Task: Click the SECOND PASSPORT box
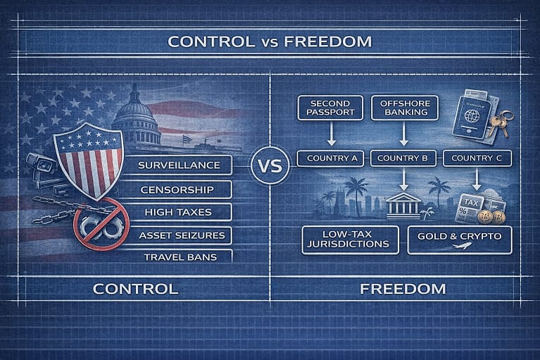tap(329, 108)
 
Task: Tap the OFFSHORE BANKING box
tap(404, 108)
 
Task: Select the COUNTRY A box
tap(329, 158)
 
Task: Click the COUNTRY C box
tap(477, 158)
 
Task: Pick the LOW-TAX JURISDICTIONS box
tap(349, 240)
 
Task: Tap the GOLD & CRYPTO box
tap(459, 240)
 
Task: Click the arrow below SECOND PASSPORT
tap(329, 134)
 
